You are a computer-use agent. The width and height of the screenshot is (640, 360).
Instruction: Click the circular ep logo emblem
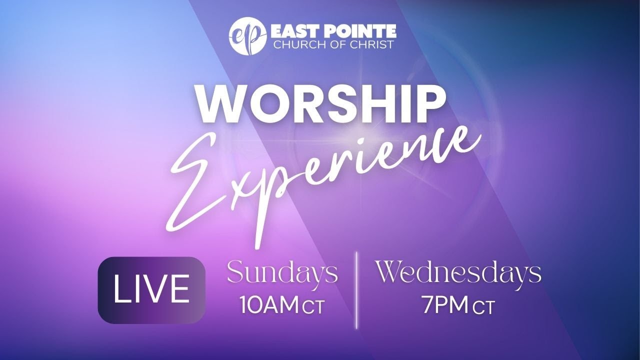(247, 35)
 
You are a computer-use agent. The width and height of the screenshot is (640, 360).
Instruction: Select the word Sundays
(282, 274)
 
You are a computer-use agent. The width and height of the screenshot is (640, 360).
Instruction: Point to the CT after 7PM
(483, 308)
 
